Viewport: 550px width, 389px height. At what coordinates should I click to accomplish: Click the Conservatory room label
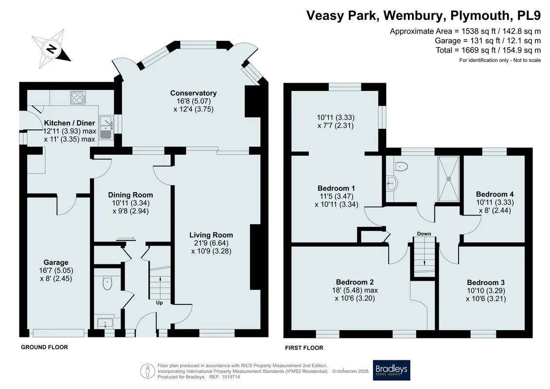coord(193,93)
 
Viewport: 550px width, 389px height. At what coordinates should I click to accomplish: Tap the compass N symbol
coord(52,49)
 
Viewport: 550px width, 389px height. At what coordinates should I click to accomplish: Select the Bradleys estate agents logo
coord(391,370)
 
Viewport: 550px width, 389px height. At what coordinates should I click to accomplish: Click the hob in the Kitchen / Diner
coord(78,98)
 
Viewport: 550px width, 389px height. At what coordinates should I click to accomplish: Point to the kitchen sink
coord(106,128)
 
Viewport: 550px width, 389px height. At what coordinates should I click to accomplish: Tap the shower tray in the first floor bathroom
coord(448,178)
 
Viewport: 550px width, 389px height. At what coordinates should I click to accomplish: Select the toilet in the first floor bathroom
coord(401,166)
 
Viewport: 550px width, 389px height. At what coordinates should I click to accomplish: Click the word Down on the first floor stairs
coord(424,233)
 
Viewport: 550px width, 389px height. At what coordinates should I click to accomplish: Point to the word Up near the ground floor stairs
coord(159,302)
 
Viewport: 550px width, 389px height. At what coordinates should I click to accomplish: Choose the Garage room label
coord(56,263)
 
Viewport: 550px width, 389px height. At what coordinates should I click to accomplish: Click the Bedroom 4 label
coord(495,194)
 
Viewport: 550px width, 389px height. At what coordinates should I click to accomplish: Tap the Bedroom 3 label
coord(486,283)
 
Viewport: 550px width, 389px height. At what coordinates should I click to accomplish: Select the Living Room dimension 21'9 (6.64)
coord(211,243)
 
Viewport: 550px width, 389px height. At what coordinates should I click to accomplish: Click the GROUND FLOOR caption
coord(45,347)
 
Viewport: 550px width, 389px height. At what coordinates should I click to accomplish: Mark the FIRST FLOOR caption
coord(304,348)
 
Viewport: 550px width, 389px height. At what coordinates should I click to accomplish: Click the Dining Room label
coord(130,194)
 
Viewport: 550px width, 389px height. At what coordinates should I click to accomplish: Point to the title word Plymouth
coord(480,15)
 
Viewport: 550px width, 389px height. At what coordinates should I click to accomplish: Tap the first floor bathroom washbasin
coord(392,183)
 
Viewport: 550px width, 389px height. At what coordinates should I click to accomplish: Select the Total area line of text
coord(488,50)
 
